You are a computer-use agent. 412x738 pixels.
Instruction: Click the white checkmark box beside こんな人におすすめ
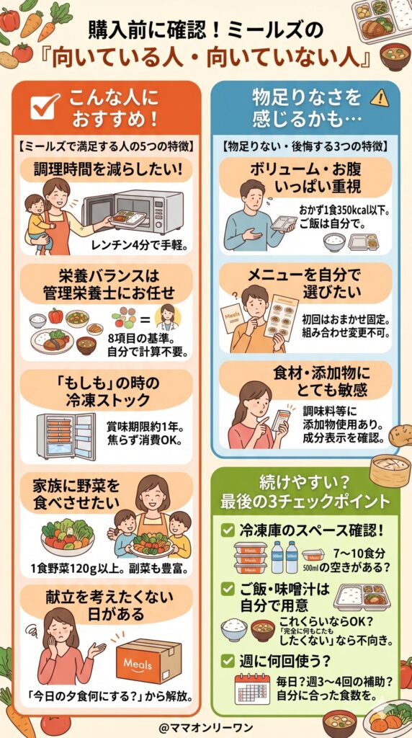(x=46, y=107)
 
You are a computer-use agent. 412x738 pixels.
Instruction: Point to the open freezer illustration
(x=64, y=435)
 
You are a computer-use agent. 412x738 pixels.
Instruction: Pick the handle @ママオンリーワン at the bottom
(x=206, y=723)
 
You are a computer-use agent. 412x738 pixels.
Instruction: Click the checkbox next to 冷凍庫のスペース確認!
(x=227, y=530)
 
